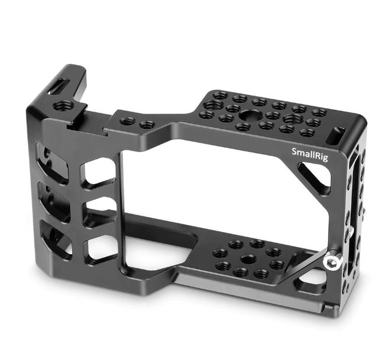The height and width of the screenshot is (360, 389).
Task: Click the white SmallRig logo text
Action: click(x=310, y=154)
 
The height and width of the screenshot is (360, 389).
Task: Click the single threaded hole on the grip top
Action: click(x=64, y=106)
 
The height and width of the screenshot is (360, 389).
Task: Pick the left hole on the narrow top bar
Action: click(x=128, y=121)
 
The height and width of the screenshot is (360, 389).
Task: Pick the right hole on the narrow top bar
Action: click(x=147, y=125)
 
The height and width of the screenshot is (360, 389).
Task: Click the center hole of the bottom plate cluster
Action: click(x=249, y=260)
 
